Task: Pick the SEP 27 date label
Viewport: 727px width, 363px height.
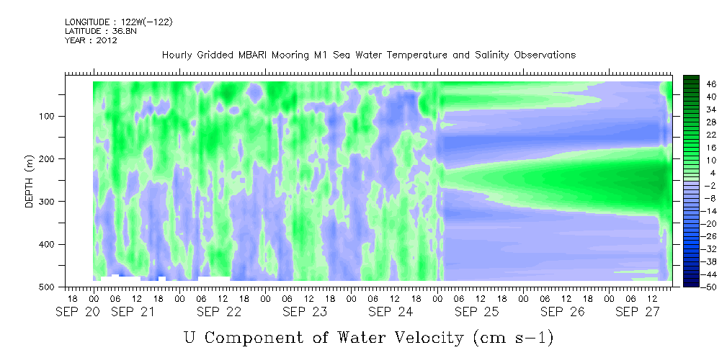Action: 634,312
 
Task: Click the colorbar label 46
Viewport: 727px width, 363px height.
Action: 698,84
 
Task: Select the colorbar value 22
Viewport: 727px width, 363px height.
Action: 698,138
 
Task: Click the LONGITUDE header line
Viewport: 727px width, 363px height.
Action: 119,22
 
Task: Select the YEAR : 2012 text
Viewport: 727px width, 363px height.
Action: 91,40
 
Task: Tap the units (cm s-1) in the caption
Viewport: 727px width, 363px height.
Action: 513,338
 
